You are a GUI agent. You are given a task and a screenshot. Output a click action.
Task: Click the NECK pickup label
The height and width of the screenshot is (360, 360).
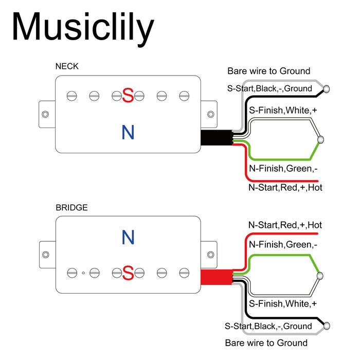click(x=67, y=66)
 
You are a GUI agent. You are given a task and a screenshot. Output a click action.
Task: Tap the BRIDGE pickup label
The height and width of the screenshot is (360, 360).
click(x=71, y=208)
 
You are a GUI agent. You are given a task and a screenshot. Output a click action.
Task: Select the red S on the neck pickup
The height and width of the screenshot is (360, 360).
click(x=128, y=95)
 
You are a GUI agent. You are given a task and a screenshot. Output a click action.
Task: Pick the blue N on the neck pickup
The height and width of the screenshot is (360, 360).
click(x=128, y=133)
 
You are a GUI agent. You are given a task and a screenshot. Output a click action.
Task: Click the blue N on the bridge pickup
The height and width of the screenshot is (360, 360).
click(x=128, y=237)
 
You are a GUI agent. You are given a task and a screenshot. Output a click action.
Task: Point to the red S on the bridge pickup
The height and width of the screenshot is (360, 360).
click(x=128, y=273)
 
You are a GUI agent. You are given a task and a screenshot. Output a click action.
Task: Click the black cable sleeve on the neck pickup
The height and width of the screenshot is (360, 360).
click(x=216, y=138)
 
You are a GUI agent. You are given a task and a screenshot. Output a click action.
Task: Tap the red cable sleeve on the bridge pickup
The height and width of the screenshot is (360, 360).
click(x=216, y=277)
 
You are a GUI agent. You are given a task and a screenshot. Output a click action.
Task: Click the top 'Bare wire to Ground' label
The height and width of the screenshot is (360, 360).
click(x=269, y=71)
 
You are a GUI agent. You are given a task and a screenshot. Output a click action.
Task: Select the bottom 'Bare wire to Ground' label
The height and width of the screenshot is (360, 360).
click(x=266, y=343)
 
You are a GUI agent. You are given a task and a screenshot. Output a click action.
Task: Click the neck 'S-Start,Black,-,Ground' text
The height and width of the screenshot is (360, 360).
click(x=269, y=88)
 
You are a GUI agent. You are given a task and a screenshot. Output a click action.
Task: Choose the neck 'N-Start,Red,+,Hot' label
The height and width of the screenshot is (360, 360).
click(x=285, y=188)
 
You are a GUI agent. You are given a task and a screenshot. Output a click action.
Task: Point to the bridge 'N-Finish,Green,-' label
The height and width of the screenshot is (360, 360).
click(x=283, y=244)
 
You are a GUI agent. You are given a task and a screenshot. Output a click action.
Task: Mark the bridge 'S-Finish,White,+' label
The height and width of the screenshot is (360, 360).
click(x=283, y=304)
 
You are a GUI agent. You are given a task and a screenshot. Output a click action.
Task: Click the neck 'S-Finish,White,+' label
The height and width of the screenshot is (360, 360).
click(x=283, y=110)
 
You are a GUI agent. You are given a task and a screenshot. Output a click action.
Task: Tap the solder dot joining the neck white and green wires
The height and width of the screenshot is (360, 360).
click(x=321, y=139)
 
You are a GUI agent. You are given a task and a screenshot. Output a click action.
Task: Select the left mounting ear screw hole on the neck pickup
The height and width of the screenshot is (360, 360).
click(x=45, y=114)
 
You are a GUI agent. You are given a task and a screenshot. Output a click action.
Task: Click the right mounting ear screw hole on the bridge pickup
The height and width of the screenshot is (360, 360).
click(x=211, y=254)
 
